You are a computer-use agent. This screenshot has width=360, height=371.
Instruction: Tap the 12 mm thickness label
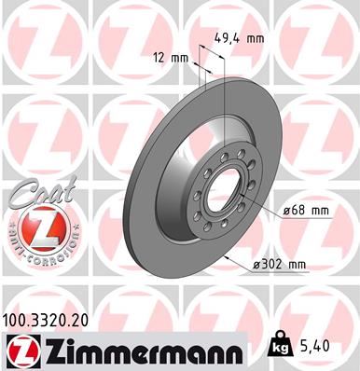(175, 58)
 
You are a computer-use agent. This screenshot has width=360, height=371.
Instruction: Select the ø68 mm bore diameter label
(307, 211)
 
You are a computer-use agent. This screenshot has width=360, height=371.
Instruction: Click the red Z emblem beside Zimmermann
(20, 350)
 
